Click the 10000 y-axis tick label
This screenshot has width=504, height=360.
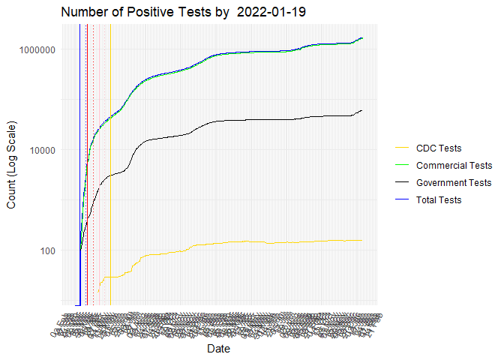pyautogui.click(x=43, y=150)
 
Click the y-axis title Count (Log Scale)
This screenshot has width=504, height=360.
pyautogui.click(x=12, y=165)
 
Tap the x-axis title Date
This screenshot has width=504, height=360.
pyautogui.click(x=219, y=349)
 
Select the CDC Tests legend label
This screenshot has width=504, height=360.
pyautogui.click(x=439, y=148)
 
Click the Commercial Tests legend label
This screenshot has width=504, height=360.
pyautogui.click(x=454, y=165)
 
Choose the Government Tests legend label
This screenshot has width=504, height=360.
pyautogui.click(x=454, y=182)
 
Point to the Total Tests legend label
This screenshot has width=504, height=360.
pyautogui.click(x=439, y=199)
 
